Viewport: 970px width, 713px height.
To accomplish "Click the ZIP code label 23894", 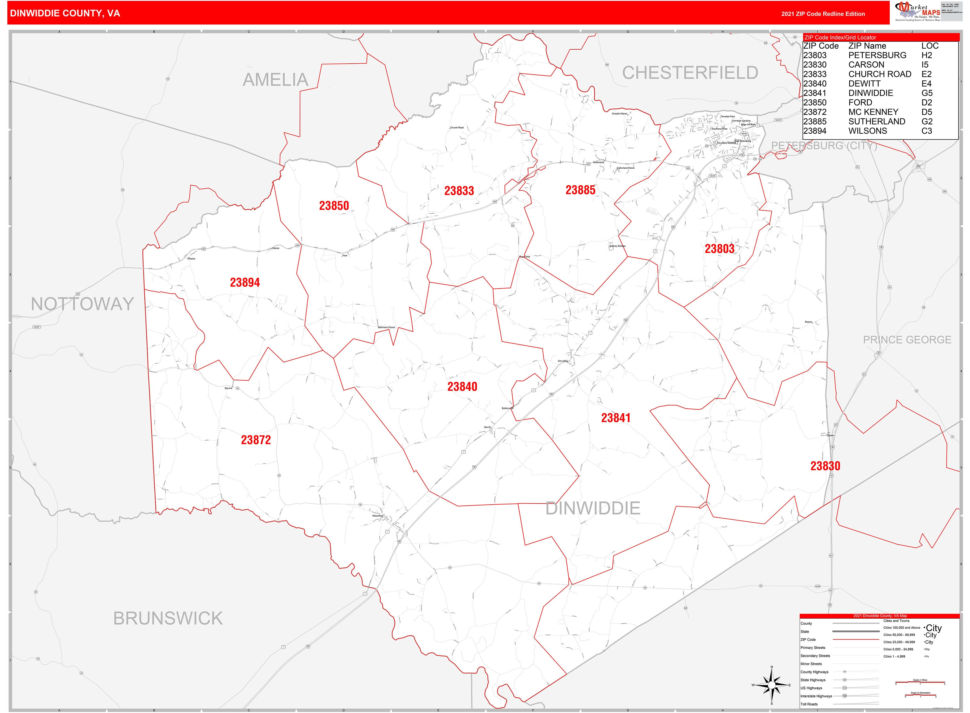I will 245,283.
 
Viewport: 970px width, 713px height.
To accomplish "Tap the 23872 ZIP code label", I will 256,440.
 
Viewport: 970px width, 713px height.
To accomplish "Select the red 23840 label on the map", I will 462,387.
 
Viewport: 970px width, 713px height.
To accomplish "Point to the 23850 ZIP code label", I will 334,206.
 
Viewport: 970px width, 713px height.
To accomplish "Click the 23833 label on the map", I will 459,191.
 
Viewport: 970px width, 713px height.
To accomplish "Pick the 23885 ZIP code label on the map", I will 580,190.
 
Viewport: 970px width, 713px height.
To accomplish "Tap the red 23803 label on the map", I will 719,249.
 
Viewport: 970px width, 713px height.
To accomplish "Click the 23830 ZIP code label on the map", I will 825,466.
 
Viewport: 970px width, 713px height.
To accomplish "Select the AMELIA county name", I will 275,80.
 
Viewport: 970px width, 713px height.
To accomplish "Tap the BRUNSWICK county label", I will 168,618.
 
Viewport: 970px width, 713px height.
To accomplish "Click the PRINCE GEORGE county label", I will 907,340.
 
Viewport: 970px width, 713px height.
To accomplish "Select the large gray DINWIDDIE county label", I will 592,508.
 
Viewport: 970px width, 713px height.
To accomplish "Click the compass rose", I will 772,685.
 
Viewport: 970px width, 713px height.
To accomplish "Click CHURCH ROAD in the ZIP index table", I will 879,74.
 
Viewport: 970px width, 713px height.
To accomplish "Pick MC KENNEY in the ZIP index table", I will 873,112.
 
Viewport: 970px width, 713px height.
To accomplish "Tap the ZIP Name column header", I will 867,46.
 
